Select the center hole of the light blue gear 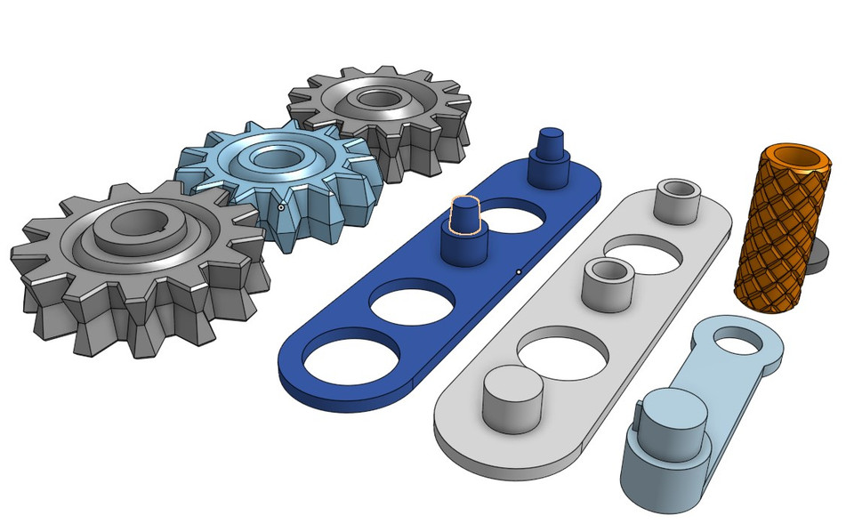[275, 158]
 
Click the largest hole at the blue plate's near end [349, 359]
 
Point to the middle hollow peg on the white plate [607, 278]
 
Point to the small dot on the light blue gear [281, 206]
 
